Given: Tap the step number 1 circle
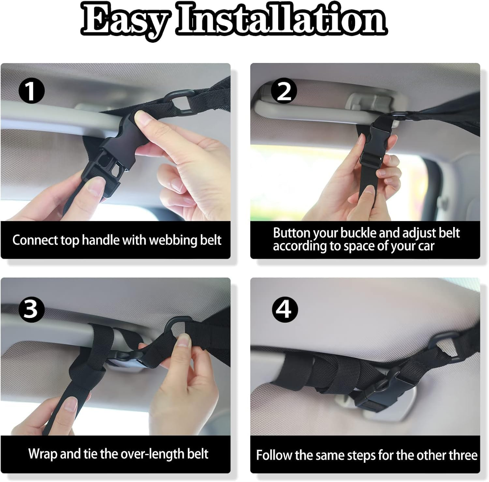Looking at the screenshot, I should [x=31, y=91].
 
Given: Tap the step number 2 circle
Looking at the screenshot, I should [x=284, y=91].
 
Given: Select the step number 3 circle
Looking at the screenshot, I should [x=31, y=309].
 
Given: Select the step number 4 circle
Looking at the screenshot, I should [x=284, y=309].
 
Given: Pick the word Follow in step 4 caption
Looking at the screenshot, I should [x=274, y=455].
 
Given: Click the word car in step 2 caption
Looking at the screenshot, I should [x=426, y=246].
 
